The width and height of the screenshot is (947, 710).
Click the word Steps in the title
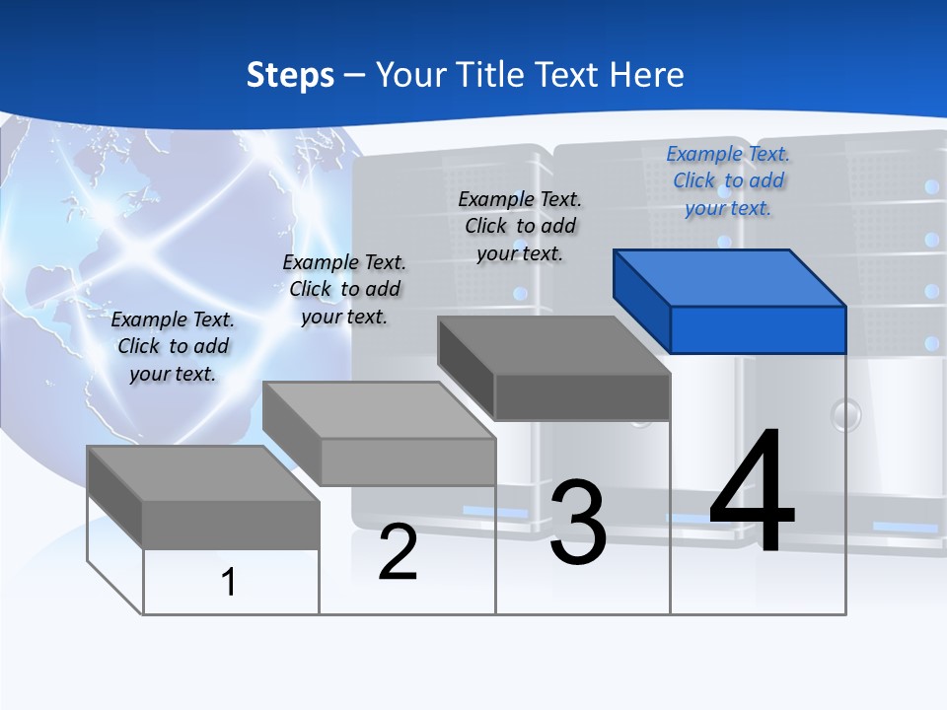[x=290, y=75]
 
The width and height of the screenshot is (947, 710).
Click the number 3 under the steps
[x=578, y=523]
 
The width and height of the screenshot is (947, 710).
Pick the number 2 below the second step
[x=399, y=552]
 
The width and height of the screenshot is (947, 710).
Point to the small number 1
[x=229, y=582]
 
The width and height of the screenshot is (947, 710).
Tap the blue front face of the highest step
[x=758, y=329]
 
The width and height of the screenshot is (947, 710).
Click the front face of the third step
[x=582, y=396]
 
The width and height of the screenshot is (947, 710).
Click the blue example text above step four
[x=728, y=180]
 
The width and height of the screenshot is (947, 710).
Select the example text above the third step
[x=520, y=226]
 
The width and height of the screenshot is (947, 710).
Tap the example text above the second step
[x=344, y=289]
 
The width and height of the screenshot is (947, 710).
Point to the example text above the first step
[x=173, y=346]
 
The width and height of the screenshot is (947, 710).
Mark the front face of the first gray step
[x=231, y=525]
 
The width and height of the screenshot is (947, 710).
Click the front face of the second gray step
[x=407, y=461]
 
